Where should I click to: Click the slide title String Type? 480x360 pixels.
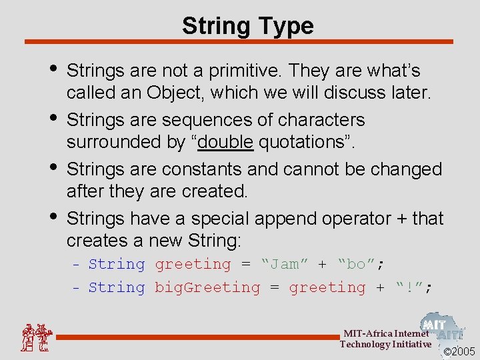(247, 26)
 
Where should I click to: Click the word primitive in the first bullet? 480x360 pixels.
(239, 71)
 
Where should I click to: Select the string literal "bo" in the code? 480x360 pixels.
(356, 265)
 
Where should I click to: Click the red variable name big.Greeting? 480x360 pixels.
(207, 288)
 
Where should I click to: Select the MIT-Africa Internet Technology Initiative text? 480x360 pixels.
(385, 339)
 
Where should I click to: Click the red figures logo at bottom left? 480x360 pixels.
(35, 337)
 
